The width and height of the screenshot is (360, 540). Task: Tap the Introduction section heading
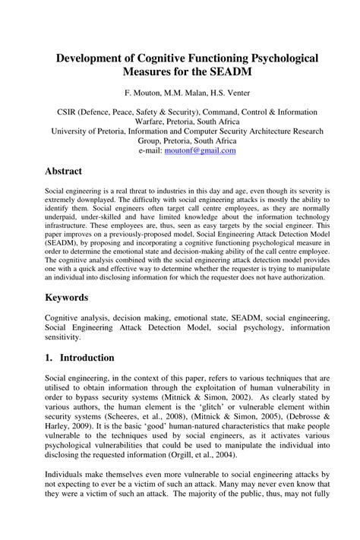[x=89, y=357]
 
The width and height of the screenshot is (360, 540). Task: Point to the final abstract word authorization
[x=299, y=276]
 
